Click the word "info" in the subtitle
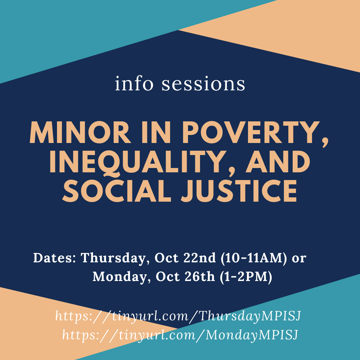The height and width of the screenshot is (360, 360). point(134,83)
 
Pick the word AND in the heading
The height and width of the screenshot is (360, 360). point(278,162)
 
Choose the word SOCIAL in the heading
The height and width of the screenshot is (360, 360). point(117,191)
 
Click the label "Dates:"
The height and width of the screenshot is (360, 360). point(55,258)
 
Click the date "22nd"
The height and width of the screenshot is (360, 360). point(200,258)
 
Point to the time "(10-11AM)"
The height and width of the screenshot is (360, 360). point(254,258)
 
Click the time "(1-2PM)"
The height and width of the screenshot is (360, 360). point(246,277)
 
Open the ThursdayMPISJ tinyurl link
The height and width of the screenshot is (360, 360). point(178,316)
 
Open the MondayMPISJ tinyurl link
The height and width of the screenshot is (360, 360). point(180,335)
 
